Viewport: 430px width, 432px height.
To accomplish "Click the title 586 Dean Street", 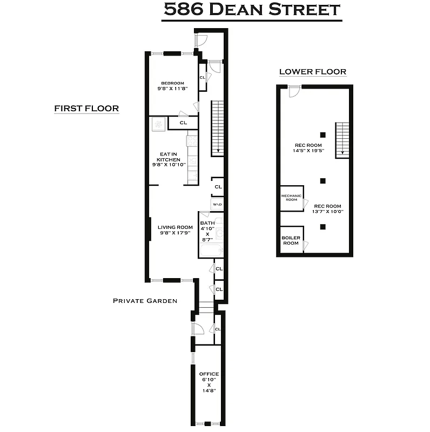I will (252, 10).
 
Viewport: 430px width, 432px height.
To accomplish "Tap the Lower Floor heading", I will (312, 72).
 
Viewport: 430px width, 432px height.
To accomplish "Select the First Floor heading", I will (86, 109).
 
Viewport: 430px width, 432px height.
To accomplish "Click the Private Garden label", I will (145, 301).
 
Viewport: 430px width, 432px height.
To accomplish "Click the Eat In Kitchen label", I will (168, 159).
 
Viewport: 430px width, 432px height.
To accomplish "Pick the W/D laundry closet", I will (218, 205).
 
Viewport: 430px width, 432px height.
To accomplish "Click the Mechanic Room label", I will (291, 198).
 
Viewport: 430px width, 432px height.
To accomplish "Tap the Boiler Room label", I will (291, 240).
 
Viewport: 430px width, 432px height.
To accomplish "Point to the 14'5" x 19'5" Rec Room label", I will (308, 148).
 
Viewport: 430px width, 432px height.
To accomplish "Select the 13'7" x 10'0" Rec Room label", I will (328, 209).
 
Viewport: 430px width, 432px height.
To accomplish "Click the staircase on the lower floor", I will (342, 140).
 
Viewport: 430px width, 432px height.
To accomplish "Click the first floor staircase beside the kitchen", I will (217, 128).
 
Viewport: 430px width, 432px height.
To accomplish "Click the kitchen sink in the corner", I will (159, 124).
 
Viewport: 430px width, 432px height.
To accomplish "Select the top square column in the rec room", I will (322, 134).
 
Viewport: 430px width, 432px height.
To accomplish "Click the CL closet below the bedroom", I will (183, 123).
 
